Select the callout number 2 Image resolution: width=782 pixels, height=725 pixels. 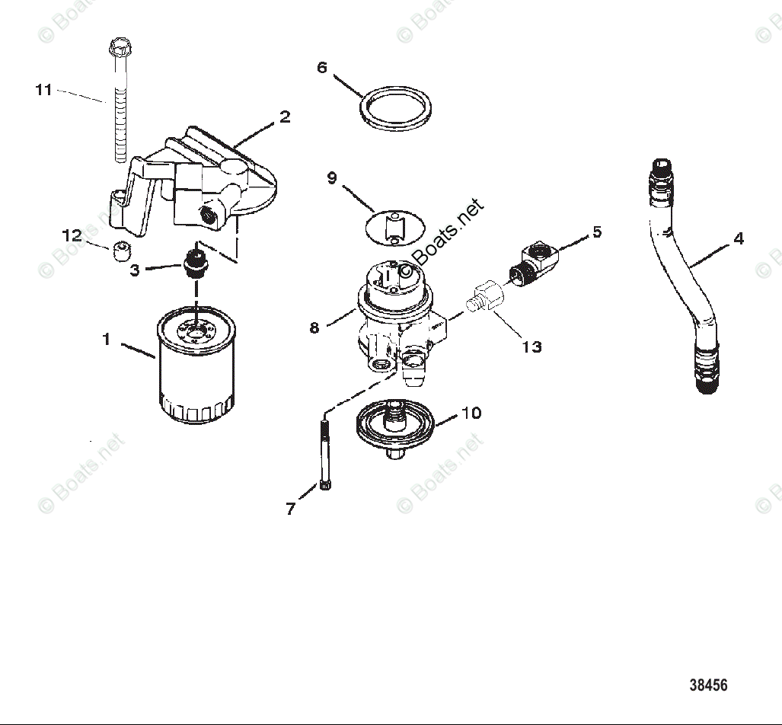point(284,117)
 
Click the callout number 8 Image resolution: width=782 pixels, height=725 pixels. point(314,327)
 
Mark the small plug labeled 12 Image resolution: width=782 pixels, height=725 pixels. point(118,251)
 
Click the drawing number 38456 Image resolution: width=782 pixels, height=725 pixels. point(708,685)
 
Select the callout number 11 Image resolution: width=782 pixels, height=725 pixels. point(44,90)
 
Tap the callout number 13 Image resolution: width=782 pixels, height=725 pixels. point(531,347)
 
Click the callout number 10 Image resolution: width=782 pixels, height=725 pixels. point(471,413)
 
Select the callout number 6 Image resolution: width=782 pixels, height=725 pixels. point(322,68)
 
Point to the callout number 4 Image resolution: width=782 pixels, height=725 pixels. point(738,238)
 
